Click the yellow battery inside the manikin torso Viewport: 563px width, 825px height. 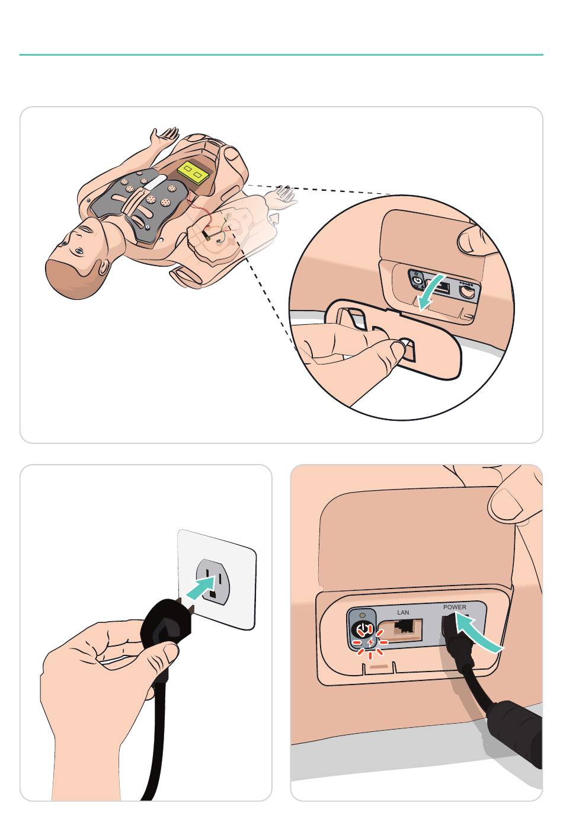tap(192, 172)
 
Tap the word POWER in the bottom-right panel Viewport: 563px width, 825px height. tap(455, 606)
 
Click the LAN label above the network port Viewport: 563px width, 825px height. tap(403, 612)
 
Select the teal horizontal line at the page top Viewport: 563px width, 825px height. tap(281, 55)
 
